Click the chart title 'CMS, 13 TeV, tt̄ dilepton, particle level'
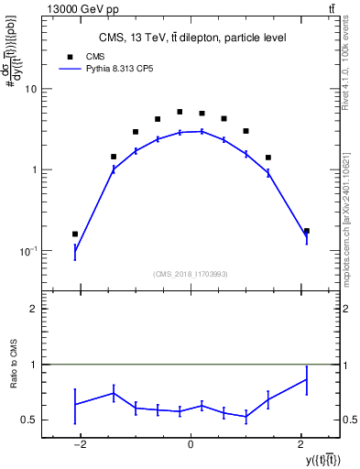[192, 38]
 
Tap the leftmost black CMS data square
[75, 234]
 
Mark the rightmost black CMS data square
[306, 231]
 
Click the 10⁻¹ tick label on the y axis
[29, 251]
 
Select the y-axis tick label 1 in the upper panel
[34, 170]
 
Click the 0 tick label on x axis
[190, 444]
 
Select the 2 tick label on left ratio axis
[34, 310]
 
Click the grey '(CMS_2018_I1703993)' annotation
[191, 272]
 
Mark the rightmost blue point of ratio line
[306, 379]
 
